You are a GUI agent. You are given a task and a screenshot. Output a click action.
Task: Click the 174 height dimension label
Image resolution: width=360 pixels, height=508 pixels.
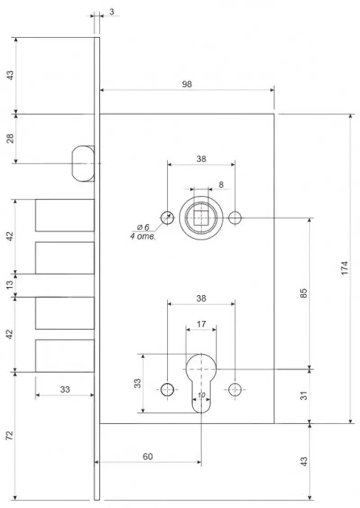(x=344, y=268)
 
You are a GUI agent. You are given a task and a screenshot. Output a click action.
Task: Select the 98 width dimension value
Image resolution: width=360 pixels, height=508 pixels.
(x=187, y=84)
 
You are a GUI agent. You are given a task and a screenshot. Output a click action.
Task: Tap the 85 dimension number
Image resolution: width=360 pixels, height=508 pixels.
(x=303, y=293)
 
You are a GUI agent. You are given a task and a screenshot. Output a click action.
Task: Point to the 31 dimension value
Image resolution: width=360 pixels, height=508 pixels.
(x=303, y=396)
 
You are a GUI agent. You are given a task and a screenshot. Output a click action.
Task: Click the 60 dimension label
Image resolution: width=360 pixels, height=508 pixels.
(x=148, y=456)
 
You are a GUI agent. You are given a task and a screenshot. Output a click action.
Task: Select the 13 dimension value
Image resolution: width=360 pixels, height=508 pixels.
(x=10, y=285)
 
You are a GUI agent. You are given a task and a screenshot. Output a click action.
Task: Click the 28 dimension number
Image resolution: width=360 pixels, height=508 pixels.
(x=10, y=138)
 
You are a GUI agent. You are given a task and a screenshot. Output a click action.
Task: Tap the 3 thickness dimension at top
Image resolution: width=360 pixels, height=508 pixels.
(x=112, y=12)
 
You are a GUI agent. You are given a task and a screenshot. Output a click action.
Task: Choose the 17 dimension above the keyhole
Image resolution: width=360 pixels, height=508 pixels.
(x=201, y=324)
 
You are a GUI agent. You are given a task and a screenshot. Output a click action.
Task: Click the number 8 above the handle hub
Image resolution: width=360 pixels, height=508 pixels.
(x=221, y=185)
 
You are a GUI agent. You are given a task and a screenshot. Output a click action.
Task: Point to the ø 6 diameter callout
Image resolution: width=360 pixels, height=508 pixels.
(x=143, y=227)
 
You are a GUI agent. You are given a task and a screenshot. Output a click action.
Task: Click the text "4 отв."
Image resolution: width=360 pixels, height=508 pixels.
(x=143, y=236)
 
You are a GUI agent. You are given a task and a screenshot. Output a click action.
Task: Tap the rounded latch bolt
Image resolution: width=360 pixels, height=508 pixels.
(x=83, y=163)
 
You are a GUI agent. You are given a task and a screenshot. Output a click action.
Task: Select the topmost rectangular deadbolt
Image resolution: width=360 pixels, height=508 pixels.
(x=65, y=215)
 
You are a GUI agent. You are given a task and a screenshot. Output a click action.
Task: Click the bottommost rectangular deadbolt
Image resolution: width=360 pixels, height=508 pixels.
(x=65, y=356)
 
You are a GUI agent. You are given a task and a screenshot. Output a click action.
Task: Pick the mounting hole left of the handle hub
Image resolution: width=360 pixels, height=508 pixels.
(x=167, y=218)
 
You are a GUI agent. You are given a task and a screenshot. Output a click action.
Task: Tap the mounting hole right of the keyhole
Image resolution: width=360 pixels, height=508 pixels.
(x=235, y=390)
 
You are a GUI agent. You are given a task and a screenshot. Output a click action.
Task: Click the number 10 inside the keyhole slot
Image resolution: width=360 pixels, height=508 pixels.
(x=202, y=395)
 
